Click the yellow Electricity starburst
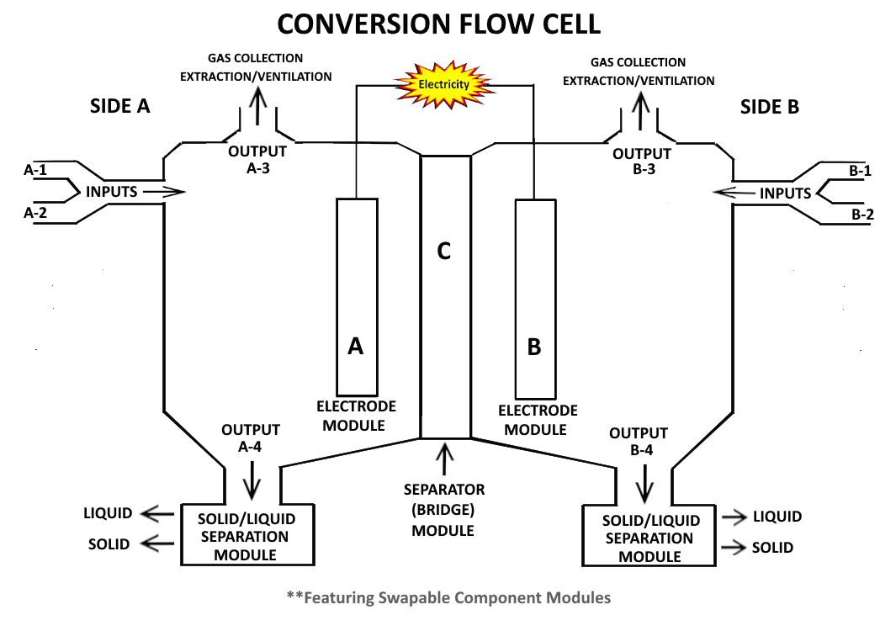click(x=444, y=83)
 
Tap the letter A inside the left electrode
click(x=355, y=346)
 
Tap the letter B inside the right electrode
click(x=533, y=347)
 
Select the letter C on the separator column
click(x=445, y=250)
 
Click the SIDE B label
click(x=769, y=107)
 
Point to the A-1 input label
click(x=35, y=171)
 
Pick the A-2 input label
click(x=35, y=213)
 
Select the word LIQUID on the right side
click(x=777, y=517)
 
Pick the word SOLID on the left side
click(x=109, y=544)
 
